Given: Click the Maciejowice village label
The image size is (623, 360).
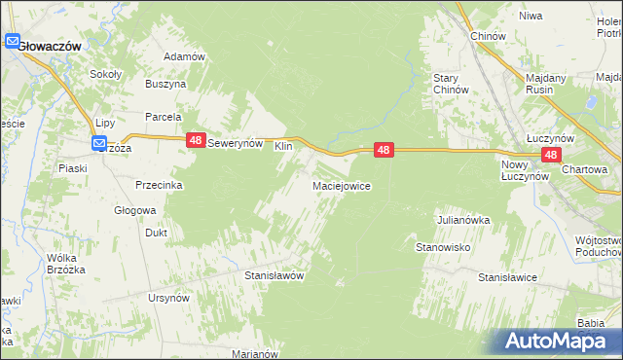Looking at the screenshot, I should point(340,185).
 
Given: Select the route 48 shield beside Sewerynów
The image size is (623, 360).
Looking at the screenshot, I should point(195,141).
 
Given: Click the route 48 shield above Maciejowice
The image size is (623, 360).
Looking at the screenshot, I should point(385,150).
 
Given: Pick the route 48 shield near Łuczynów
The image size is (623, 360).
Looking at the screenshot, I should point(552,155).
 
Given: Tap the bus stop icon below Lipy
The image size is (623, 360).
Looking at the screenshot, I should point(100,144).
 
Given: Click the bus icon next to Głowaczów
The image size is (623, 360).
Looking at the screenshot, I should point(12,43).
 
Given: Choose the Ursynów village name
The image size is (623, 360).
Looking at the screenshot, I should point(167,298).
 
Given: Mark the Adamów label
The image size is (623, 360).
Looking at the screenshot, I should point(184,56).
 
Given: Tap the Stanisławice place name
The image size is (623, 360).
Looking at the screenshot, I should point(507,277).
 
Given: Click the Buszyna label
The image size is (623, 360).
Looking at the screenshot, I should point(165,85).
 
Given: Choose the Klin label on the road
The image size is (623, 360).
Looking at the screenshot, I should point(283,145).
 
